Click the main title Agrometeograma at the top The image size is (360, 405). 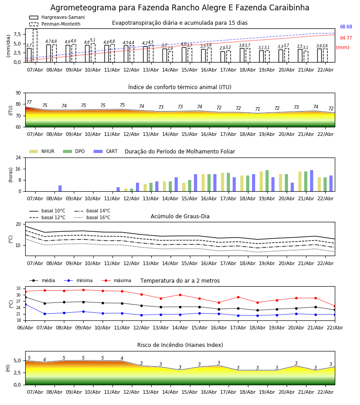(180, 8)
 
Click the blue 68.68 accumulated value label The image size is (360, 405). (346, 27)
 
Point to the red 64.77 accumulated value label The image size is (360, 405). (346, 38)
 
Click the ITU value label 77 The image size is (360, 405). (29, 103)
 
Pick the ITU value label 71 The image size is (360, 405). (257, 109)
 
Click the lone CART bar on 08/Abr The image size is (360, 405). (60, 188)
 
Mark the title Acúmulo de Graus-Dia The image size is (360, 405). (180, 216)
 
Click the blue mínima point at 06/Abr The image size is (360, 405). (25, 305)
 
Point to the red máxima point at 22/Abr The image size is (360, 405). (334, 306)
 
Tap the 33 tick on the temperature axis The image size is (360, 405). (19, 288)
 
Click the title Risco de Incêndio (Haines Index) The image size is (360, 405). (180, 345)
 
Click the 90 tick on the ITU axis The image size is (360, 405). (18, 93)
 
